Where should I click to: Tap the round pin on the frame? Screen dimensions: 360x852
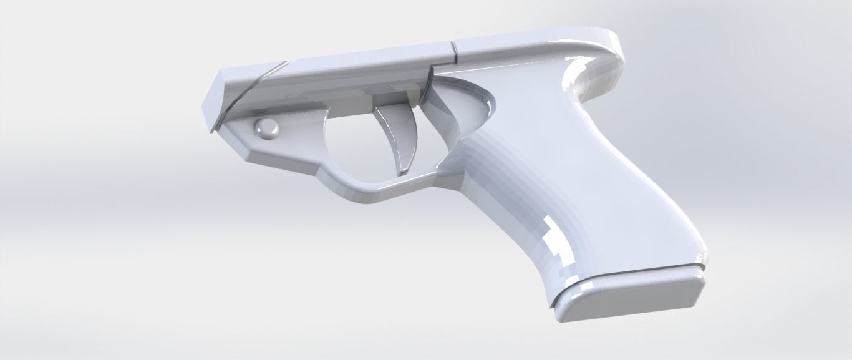266,129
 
